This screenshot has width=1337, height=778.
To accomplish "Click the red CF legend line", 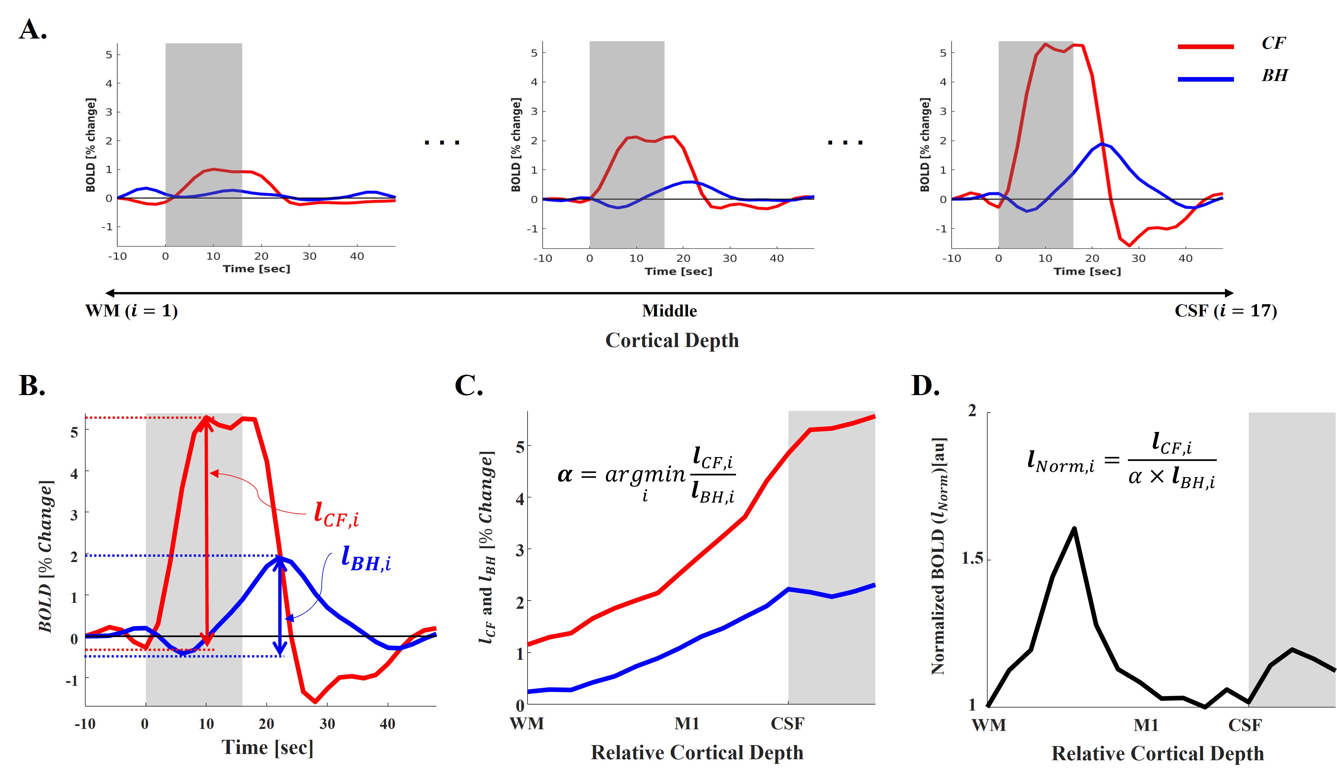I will tap(1205, 47).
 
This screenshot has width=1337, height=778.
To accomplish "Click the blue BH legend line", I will tap(1205, 79).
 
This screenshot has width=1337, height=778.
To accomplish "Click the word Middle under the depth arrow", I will tap(669, 311).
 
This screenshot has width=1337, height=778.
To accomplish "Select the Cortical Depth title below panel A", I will tap(672, 340).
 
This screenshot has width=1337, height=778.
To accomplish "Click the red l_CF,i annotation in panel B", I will tap(336, 514).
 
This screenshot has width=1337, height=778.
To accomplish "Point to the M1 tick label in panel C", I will tap(687, 723).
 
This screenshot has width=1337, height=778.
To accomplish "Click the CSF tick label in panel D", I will tap(1245, 725).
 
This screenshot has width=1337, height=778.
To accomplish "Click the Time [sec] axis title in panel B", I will tap(267, 748).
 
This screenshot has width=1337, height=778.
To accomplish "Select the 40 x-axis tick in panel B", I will tap(387, 724).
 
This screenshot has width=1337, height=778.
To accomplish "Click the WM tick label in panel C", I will tap(527, 723).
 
